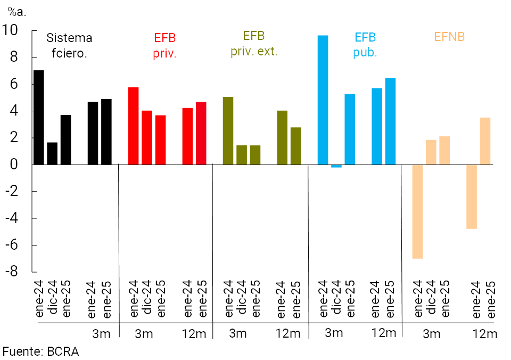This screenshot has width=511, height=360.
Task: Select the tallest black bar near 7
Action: point(38,117)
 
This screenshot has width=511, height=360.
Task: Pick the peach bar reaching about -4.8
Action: point(471,197)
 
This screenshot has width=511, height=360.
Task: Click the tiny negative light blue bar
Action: point(336,166)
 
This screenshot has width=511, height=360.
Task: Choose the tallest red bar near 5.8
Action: point(133,126)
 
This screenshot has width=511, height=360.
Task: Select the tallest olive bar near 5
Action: point(228,130)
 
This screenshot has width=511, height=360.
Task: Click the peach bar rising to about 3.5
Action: point(485,141)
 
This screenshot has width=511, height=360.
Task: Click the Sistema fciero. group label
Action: point(69,45)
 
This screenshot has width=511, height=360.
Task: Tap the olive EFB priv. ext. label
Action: point(254,44)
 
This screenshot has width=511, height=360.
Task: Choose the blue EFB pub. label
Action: point(365,45)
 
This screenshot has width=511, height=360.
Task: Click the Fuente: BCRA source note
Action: point(41,351)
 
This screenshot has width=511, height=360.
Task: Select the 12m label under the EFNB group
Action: point(484,334)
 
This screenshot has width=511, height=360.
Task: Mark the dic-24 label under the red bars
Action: point(147,299)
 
